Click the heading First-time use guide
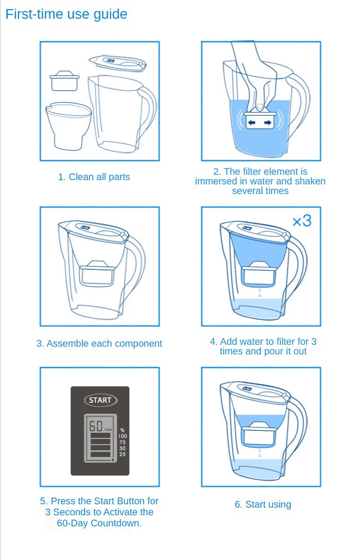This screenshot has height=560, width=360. click(66, 14)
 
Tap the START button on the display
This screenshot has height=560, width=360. click(100, 400)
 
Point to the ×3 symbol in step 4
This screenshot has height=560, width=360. click(302, 221)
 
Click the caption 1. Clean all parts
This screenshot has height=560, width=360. click(94, 177)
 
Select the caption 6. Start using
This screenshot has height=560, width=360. click(263, 504)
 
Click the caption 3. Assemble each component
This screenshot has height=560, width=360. click(99, 343)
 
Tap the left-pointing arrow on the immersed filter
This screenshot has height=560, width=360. click(252, 122)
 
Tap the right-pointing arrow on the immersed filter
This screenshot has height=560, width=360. click(267, 122)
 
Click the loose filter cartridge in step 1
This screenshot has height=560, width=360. click(64, 81)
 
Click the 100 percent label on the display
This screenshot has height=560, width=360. click(122, 436)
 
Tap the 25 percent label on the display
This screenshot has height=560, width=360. click(122, 454)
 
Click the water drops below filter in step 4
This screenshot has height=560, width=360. click(260, 293)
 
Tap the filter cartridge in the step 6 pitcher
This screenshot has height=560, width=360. click(260, 435)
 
